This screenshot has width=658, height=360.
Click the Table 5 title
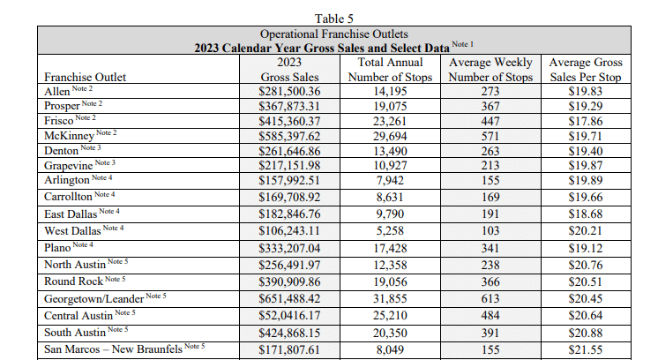tap(334, 19)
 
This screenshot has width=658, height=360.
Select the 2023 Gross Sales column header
tap(289, 70)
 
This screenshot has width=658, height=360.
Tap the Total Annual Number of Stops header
tap(390, 70)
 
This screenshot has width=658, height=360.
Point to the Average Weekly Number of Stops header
tap(490, 70)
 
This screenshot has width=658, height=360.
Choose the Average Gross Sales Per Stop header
tap(586, 70)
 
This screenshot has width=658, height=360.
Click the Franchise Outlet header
tap(86, 77)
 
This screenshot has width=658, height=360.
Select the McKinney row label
tap(70, 136)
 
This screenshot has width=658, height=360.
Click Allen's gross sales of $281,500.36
tap(289, 92)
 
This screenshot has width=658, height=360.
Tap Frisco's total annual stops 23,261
tap(390, 121)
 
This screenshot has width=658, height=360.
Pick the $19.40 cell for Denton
tap(586, 151)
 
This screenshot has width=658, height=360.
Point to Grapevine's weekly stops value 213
tap(490, 166)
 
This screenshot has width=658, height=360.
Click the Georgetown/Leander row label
tap(94, 299)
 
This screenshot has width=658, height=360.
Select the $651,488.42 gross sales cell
tap(289, 299)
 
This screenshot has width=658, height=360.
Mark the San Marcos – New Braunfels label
tap(113, 349)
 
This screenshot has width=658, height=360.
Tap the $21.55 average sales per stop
tap(586, 349)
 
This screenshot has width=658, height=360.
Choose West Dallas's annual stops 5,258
tap(390, 231)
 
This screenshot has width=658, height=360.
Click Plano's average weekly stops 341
tap(490, 249)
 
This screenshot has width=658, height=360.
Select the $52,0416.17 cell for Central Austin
tap(289, 316)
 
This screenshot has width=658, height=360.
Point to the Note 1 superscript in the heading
tap(462, 44)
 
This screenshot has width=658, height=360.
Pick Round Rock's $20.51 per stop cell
tap(586, 282)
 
